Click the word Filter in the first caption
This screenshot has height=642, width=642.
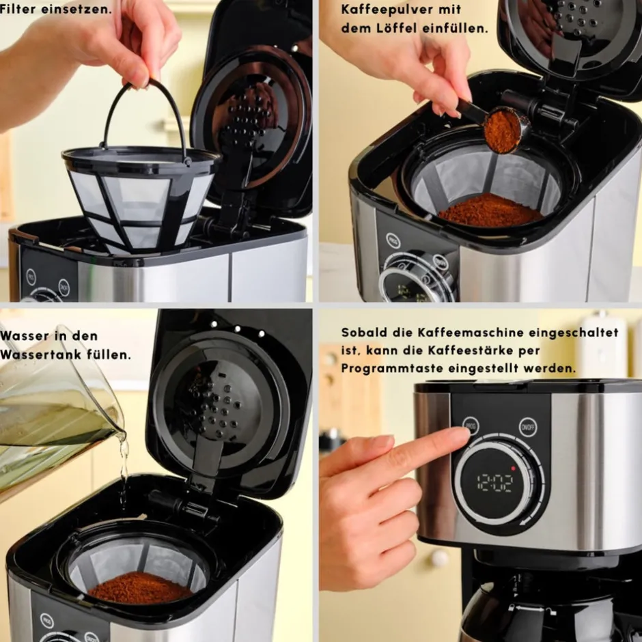click(18, 9)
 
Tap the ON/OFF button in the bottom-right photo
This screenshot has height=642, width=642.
click(528, 427)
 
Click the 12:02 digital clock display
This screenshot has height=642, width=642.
click(494, 484)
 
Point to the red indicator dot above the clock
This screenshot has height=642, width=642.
click(513, 468)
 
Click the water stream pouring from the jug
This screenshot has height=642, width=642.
click(123, 471)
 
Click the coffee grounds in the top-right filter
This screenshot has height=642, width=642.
click(490, 210)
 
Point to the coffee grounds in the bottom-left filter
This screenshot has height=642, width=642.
click(140, 588)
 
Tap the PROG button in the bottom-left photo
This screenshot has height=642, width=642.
click(47, 621)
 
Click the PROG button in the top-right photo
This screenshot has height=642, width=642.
click(393, 240)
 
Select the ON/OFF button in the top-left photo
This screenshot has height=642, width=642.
click(64, 287)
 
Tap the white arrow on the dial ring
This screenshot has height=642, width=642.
click(525, 522)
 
